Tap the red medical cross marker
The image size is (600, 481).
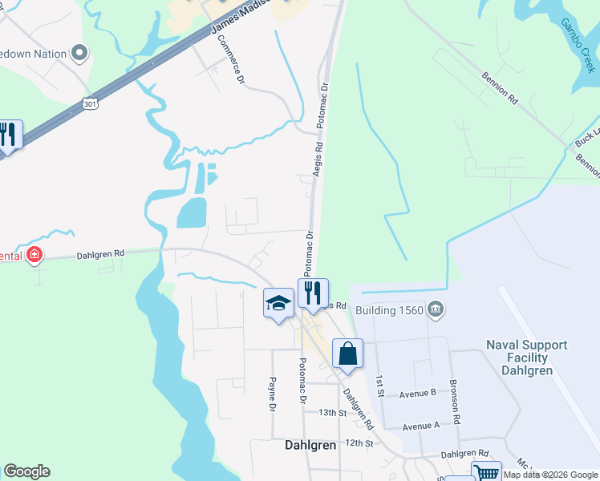34,256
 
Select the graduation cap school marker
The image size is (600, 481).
278,303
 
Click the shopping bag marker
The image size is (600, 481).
347,354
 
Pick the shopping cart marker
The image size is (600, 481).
485,473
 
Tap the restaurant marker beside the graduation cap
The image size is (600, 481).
313,293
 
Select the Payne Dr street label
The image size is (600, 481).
273,395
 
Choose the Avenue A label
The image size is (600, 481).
422,426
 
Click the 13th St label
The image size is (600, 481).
331,413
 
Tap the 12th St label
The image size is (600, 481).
359,443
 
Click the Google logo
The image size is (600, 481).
26,471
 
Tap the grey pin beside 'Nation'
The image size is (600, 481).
79,54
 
